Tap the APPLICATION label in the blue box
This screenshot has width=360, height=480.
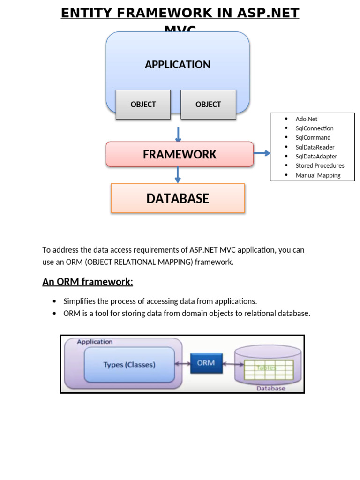click(178, 65)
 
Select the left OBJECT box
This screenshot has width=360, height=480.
click(143, 105)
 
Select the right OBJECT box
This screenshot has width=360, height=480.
click(208, 105)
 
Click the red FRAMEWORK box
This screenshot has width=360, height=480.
click(180, 154)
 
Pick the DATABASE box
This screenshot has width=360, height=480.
click(178, 198)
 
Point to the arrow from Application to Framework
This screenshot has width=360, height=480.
click(178, 134)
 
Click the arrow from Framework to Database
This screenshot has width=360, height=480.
click(178, 175)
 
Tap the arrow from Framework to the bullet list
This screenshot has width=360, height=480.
click(262, 153)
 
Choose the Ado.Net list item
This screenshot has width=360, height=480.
click(307, 119)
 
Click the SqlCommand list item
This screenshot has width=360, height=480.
click(313, 137)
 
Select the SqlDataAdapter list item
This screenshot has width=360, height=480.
click(316, 156)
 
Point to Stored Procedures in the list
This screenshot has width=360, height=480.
click(320, 165)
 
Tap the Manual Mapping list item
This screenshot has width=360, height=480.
click(318, 175)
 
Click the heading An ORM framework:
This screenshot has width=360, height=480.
click(88, 282)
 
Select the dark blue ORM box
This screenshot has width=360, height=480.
click(206, 363)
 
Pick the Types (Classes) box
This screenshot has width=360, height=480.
click(129, 364)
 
